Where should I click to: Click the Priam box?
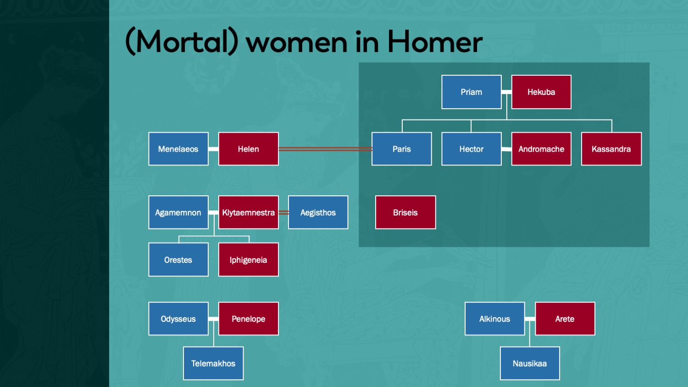(472, 92)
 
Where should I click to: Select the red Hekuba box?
(541, 92)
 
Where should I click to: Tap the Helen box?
(249, 149)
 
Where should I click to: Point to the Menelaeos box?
(178, 149)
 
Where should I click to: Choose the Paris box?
(402, 149)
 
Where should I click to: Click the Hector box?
(472, 149)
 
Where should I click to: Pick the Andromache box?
(541, 149)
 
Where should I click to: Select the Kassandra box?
(611, 149)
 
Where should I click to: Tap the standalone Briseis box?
(405, 212)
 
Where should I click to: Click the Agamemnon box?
(178, 212)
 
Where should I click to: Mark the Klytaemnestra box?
(249, 212)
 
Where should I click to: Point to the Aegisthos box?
(318, 212)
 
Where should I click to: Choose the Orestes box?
(178, 260)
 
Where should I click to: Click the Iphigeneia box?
(249, 260)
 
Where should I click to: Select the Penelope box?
(249, 319)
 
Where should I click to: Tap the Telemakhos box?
(213, 363)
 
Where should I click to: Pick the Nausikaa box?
(530, 363)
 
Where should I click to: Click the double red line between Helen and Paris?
(325, 149)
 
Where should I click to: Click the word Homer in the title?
(435, 42)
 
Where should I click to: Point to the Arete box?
(565, 319)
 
